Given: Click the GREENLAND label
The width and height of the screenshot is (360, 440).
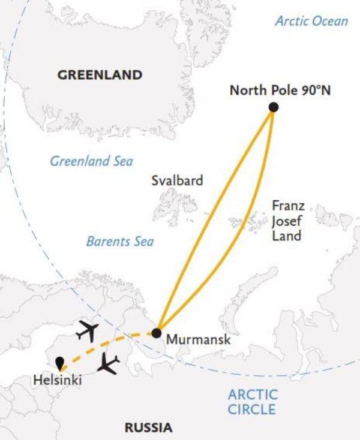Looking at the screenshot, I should pyautogui.click(x=100, y=75).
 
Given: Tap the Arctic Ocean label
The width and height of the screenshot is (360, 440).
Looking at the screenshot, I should pyautogui.click(x=311, y=21).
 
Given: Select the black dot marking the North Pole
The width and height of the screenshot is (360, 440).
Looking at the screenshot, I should pyautogui.click(x=274, y=107).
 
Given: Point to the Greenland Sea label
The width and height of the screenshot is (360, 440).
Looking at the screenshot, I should pyautogui.click(x=91, y=161).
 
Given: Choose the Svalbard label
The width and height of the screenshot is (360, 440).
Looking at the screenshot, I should pyautogui.click(x=176, y=180).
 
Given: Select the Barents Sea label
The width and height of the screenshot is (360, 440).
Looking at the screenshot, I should pyautogui.click(x=120, y=242).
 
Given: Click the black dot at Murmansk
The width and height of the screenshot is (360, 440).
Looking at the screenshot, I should pyautogui.click(x=157, y=332).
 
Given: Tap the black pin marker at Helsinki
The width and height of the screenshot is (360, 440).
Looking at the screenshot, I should pyautogui.click(x=59, y=363).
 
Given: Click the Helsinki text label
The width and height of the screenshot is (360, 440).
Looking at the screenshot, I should pyautogui.click(x=58, y=379).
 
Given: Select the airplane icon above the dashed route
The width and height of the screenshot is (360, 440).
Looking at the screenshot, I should pyautogui.click(x=87, y=329).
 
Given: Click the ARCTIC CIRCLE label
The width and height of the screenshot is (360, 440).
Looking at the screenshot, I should pyautogui.click(x=253, y=402).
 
